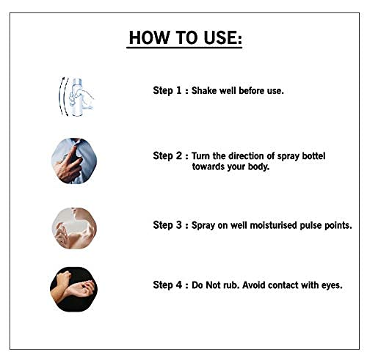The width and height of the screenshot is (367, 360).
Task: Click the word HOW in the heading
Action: click(x=149, y=37)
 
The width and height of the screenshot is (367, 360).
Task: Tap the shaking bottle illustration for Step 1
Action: click(x=76, y=97)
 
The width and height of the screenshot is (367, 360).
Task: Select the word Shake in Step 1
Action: click(x=204, y=90)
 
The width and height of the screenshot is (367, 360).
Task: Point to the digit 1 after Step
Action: click(x=179, y=90)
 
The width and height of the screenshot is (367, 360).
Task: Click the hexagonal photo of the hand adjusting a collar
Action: click(x=74, y=161)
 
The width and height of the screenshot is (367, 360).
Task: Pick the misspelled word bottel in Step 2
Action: click(x=313, y=155)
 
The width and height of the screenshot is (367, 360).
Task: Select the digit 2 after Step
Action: click(x=179, y=155)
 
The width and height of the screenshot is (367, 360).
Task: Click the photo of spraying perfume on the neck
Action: click(x=74, y=228)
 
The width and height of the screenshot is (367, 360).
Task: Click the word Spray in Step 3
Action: click(x=203, y=225)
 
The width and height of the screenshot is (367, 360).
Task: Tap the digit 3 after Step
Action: click(x=179, y=225)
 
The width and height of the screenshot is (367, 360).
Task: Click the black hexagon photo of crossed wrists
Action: click(x=73, y=290)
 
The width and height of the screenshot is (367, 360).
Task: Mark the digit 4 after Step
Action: click(x=179, y=284)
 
